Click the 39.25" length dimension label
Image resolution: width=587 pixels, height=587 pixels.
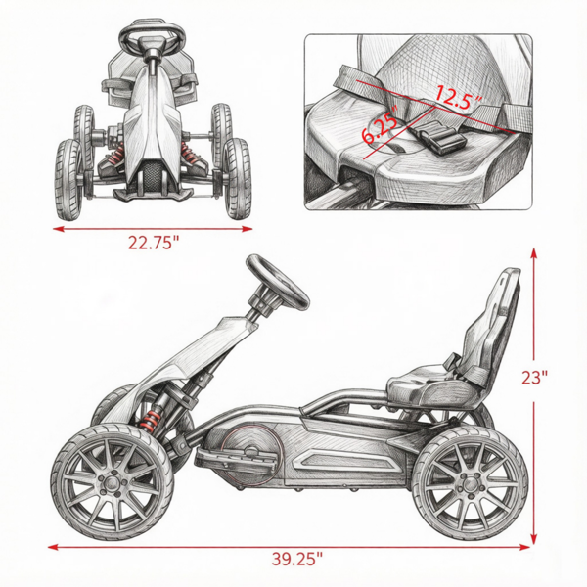tap(296, 560)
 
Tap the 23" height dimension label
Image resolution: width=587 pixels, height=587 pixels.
tap(534, 378)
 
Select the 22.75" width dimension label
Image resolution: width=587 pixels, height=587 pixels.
tap(154, 243)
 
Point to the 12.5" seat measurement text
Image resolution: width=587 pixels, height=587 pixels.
tap(459, 98)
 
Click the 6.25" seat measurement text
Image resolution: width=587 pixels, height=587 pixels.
tap(379, 128)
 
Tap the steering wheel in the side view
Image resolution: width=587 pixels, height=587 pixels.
tap(278, 283)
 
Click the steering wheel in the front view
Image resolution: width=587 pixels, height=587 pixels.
tap(153, 36)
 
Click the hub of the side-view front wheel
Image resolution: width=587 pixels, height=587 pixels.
tap(111, 483)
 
